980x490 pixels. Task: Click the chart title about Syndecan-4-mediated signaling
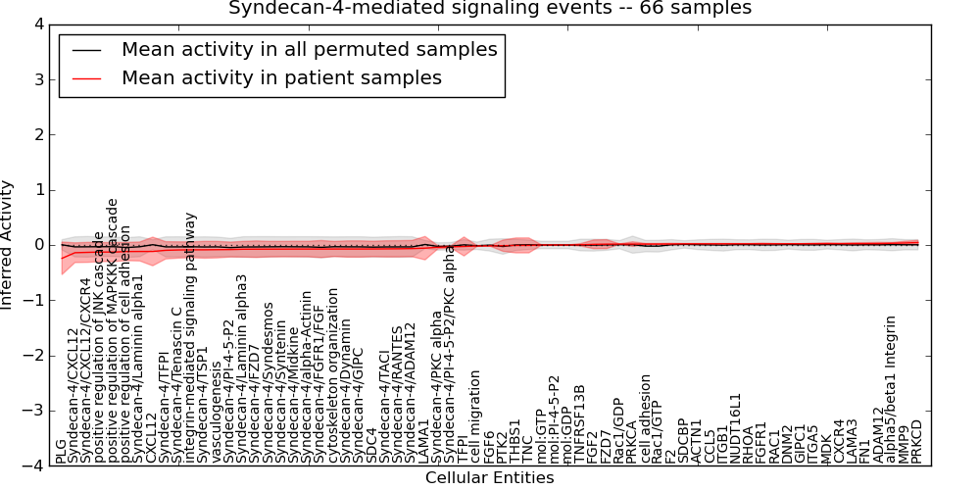pyautogui.click(x=490, y=8)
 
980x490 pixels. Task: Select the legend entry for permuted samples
pyautogui.click(x=309, y=49)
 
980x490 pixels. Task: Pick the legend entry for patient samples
pyautogui.click(x=281, y=77)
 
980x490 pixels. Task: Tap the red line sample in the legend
pyautogui.click(x=85, y=77)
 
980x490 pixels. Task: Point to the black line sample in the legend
pyautogui.click(x=85, y=49)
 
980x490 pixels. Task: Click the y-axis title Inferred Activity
pyautogui.click(x=8, y=245)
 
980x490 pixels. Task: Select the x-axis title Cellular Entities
pyautogui.click(x=490, y=478)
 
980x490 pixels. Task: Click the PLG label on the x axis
pyautogui.click(x=62, y=451)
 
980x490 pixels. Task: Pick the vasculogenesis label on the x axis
pyautogui.click(x=217, y=421)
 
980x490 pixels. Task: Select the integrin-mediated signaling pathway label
pyautogui.click(x=191, y=337)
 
